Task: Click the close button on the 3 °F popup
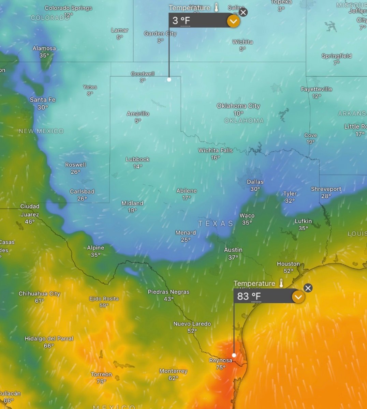(243, 13)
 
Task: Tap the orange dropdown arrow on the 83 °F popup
(298, 297)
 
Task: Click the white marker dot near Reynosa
(234, 355)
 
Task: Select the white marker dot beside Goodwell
(169, 79)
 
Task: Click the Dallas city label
(255, 182)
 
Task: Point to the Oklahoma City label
(238, 106)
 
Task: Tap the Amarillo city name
(138, 114)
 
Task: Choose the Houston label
(288, 264)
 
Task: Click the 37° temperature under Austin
(233, 257)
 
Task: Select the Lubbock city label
(137, 159)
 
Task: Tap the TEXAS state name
(216, 224)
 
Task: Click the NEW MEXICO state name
(41, 131)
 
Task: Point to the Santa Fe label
(43, 100)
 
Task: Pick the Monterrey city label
(173, 371)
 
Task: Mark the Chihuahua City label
(39, 294)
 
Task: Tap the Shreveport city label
(326, 189)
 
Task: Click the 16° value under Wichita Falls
(215, 157)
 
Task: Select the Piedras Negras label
(168, 292)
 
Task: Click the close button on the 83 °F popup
(308, 288)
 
